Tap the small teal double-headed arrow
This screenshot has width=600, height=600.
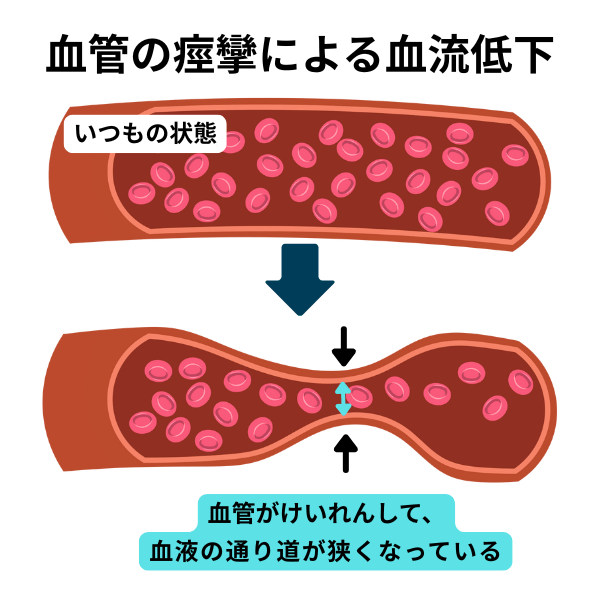pos(343,399)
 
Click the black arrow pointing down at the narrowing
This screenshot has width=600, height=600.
pos(343,345)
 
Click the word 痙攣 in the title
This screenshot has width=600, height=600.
pos(223,57)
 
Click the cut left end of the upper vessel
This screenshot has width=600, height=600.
pos(80,169)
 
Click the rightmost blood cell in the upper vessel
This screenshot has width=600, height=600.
pos(515,154)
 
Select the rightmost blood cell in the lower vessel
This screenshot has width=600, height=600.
pos(521,382)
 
